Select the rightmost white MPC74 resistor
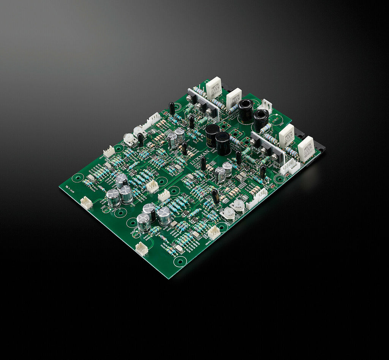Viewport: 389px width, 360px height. point(306,149)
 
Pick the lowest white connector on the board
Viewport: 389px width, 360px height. point(141,249)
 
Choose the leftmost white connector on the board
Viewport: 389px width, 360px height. point(87,203)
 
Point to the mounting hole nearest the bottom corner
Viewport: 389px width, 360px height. point(180,261)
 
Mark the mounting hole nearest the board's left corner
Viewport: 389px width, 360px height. point(79,177)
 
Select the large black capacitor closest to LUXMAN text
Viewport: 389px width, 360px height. point(223,143)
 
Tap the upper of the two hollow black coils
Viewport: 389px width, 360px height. point(246,110)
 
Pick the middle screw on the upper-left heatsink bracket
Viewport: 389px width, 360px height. point(199,106)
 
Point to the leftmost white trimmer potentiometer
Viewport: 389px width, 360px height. point(129,139)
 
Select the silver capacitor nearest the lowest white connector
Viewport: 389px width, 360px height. point(143,223)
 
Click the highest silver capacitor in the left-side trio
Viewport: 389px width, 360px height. point(122,180)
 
